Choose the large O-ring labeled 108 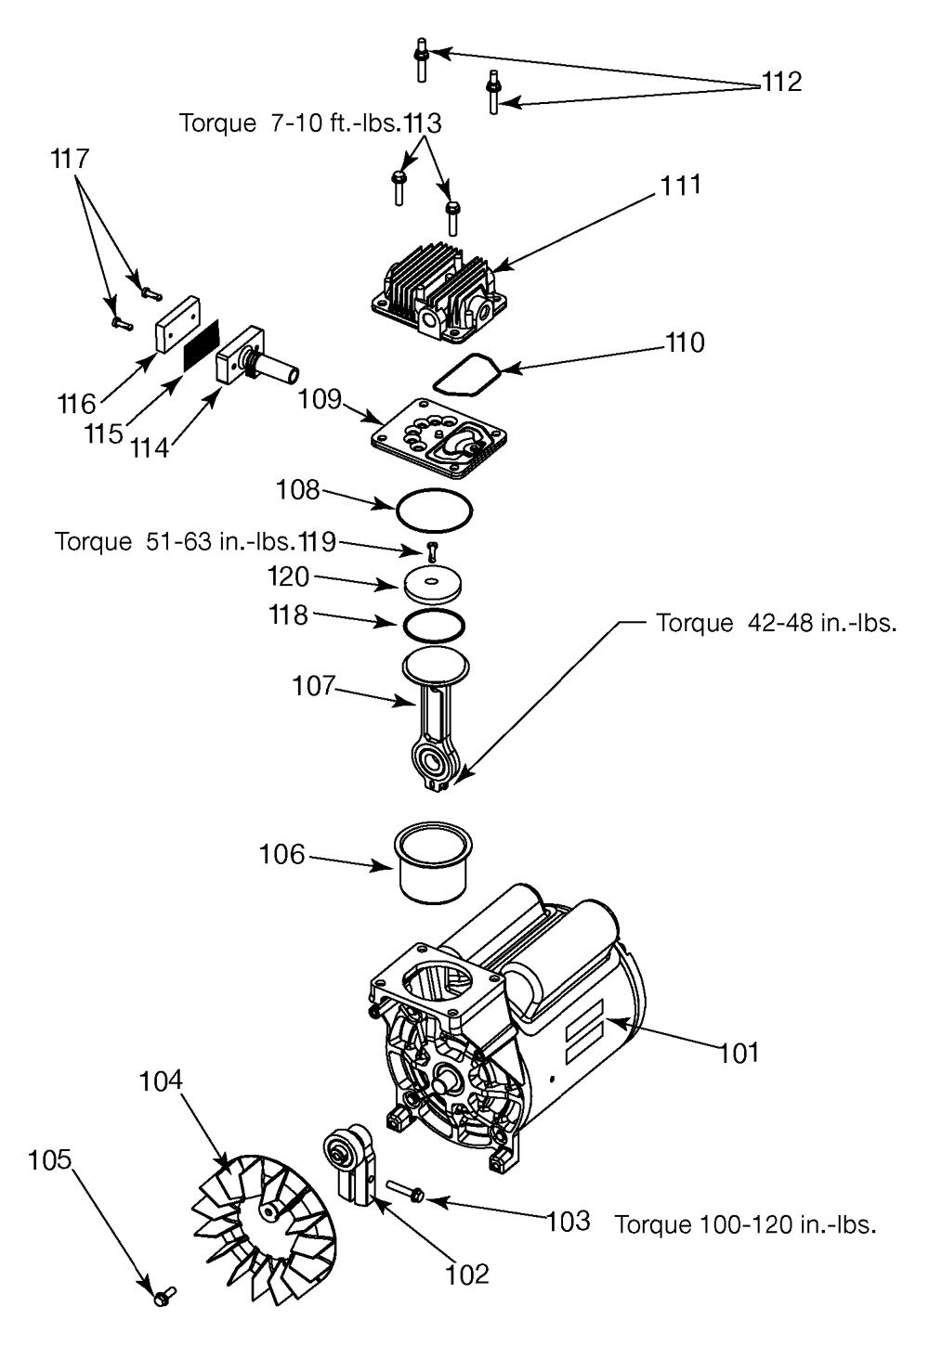(435, 510)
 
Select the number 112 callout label (780, 83)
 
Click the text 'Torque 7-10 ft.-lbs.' (290, 123)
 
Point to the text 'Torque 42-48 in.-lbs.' (777, 623)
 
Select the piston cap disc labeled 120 (434, 586)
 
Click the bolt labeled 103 (401, 1191)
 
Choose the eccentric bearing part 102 (347, 1157)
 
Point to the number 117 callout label (71, 159)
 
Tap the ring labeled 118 (434, 624)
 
